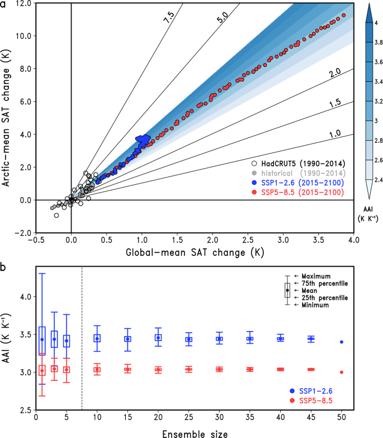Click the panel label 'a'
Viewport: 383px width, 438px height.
point(4,5)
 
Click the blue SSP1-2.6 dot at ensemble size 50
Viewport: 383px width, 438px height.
point(342,342)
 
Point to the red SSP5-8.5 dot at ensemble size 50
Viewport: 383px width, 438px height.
point(342,372)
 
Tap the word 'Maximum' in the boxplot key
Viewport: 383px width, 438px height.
point(316,276)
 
